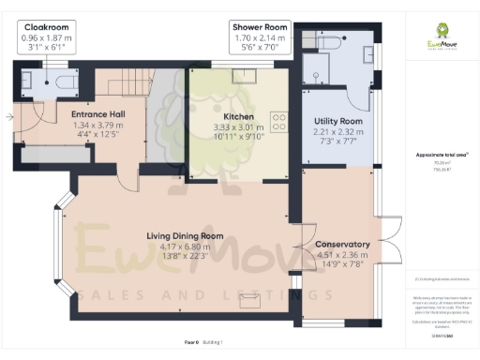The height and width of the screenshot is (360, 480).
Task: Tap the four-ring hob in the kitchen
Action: [x=279, y=121]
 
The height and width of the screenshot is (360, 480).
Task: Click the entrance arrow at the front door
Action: [x=9, y=117]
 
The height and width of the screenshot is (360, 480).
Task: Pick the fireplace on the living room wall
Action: [x=250, y=300]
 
